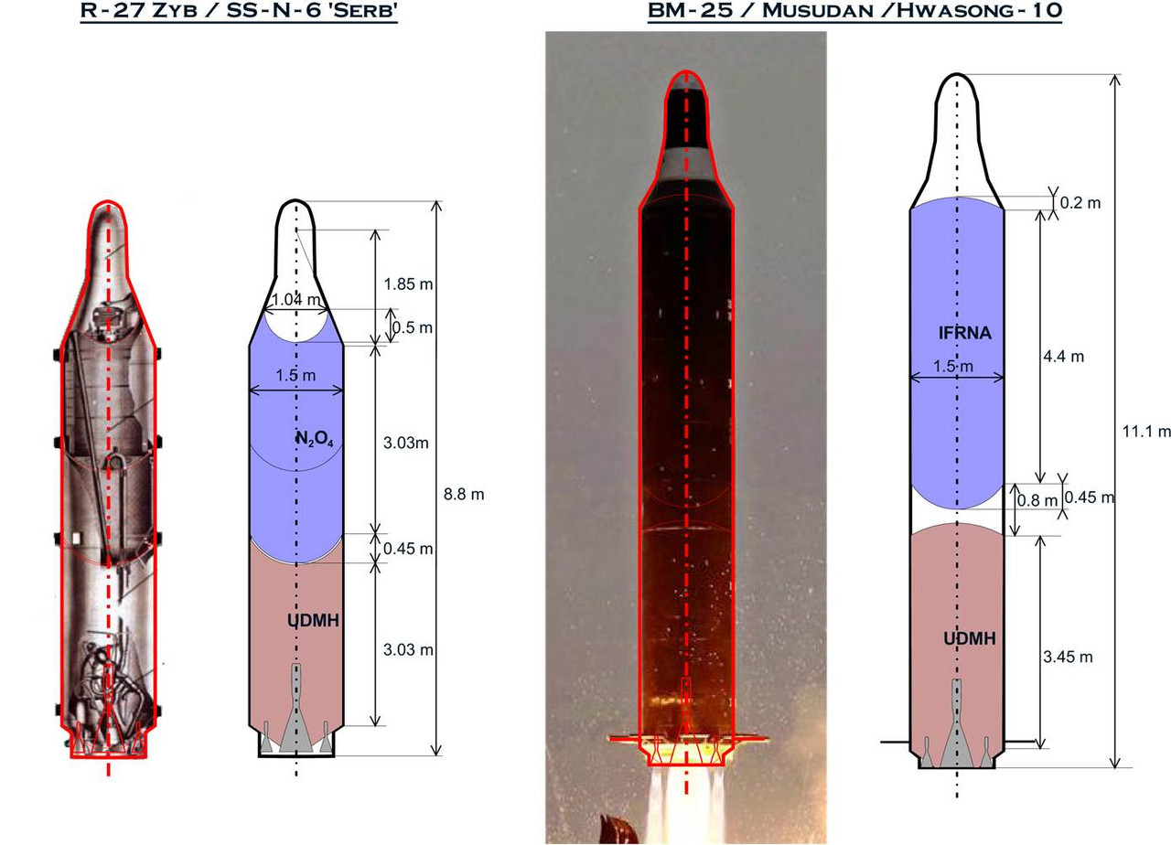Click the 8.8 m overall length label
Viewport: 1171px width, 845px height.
pyautogui.click(x=464, y=494)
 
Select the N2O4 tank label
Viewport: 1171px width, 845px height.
pyautogui.click(x=315, y=440)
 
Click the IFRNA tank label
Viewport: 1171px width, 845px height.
pyautogui.click(x=965, y=333)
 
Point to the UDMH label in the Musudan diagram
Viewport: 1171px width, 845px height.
pyautogui.click(x=970, y=638)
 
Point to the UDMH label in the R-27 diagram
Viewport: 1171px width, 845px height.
pyautogui.click(x=313, y=620)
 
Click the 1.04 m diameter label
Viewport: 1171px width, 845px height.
pyautogui.click(x=295, y=299)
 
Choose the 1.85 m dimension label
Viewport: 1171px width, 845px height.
pyautogui.click(x=408, y=284)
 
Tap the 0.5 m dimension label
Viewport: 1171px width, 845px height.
pyautogui.click(x=413, y=327)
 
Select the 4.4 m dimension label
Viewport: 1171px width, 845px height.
pyautogui.click(x=1063, y=357)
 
